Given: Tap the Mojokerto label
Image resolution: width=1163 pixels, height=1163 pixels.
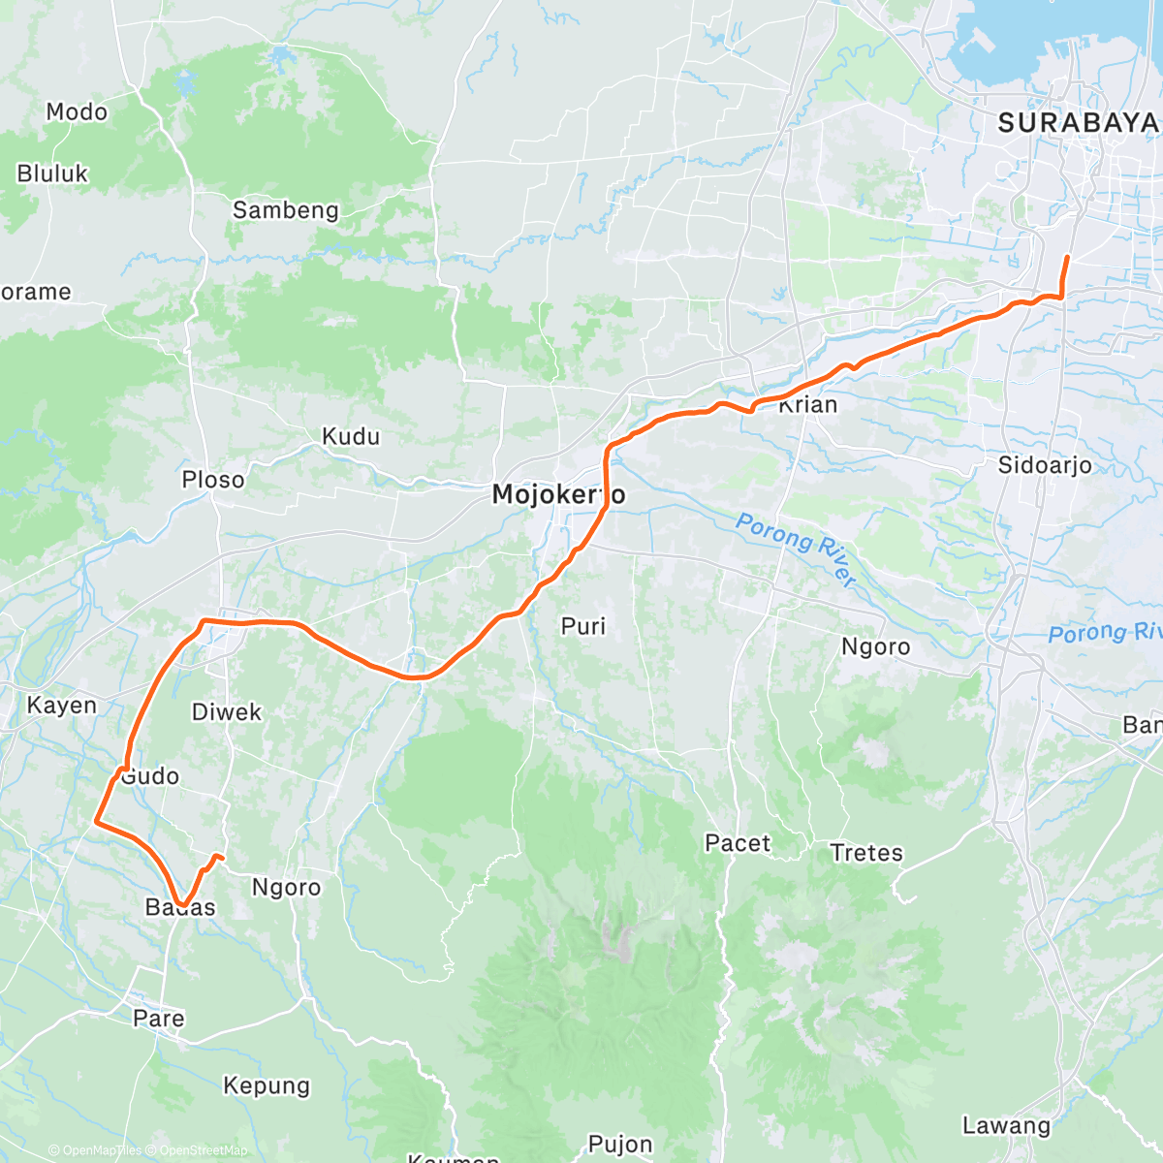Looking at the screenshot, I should (x=558, y=494).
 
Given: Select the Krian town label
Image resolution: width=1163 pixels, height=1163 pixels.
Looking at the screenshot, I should (x=807, y=404).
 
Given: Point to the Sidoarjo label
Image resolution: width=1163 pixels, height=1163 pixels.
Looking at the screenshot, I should (x=1045, y=465).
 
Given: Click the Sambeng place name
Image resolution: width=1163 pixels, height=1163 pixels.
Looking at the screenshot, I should (x=286, y=210).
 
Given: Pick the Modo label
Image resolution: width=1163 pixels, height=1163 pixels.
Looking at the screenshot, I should (x=77, y=112).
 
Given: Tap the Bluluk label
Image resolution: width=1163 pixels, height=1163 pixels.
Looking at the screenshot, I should (x=52, y=174).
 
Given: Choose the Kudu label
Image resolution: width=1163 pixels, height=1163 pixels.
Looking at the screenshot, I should (x=351, y=437).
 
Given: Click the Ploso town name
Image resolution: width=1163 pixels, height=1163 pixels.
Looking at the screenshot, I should (x=213, y=480).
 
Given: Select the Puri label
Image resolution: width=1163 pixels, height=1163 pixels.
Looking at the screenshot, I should (x=583, y=627).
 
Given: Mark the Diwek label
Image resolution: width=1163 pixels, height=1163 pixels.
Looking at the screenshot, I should (x=227, y=712).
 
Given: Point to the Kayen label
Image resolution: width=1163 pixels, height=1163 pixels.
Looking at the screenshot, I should (x=62, y=706).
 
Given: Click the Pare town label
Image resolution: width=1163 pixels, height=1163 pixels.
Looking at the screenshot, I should (x=159, y=1019).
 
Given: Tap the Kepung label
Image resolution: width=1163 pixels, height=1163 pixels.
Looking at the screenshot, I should (x=267, y=1085).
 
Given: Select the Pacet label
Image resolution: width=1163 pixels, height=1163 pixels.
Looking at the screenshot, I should (x=738, y=843).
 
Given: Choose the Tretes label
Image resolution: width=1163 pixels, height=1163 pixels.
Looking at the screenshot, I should (x=866, y=853).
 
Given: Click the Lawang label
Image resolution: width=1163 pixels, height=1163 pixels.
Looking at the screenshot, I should (x=1006, y=1126).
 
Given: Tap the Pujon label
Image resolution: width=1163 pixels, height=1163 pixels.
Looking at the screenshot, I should (x=620, y=1146).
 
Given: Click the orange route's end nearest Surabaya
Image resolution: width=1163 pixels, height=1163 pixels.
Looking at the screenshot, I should (x=1067, y=258).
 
